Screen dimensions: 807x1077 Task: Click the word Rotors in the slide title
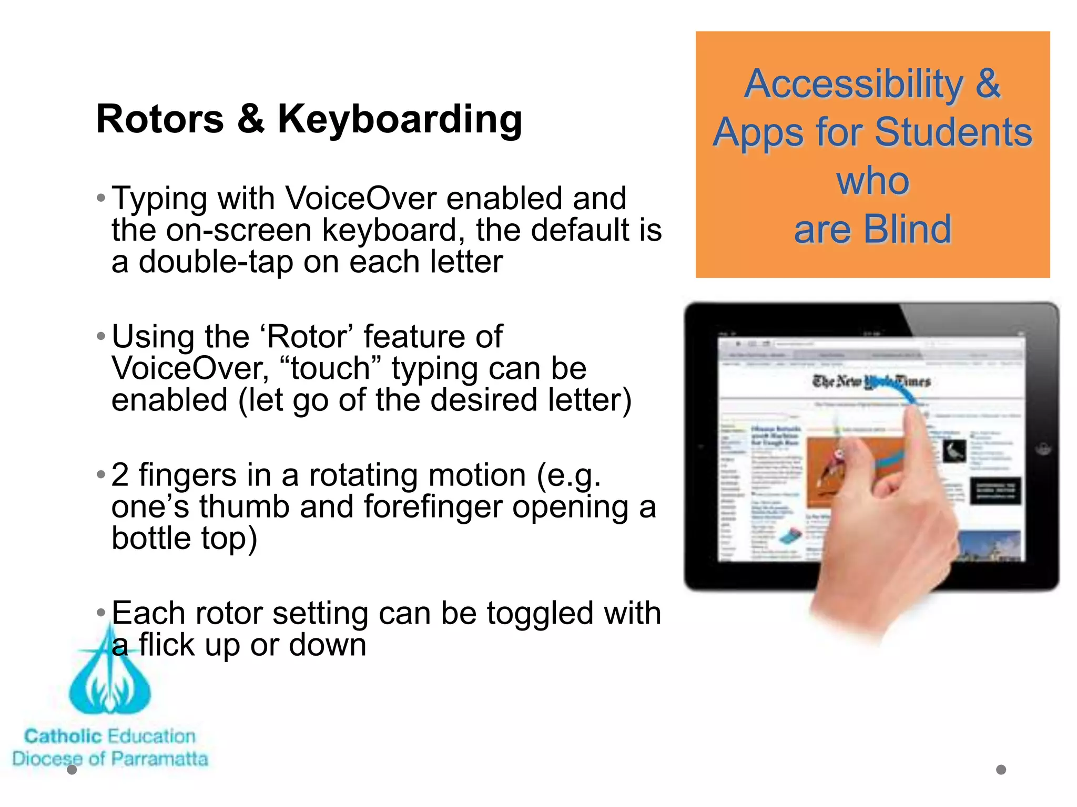pyautogui.click(x=160, y=119)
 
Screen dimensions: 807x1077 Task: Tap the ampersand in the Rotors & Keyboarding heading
pyautogui.click(x=250, y=119)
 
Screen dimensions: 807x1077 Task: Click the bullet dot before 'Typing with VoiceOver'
pyautogui.click(x=101, y=199)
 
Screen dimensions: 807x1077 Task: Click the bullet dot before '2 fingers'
pyautogui.click(x=101, y=475)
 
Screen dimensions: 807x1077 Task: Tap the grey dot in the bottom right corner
pyautogui.click(x=1001, y=770)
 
